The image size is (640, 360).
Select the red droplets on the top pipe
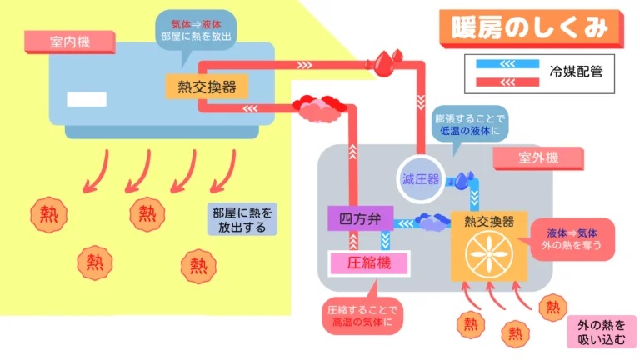point(386,60)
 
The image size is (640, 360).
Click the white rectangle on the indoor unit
point(87,99)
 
